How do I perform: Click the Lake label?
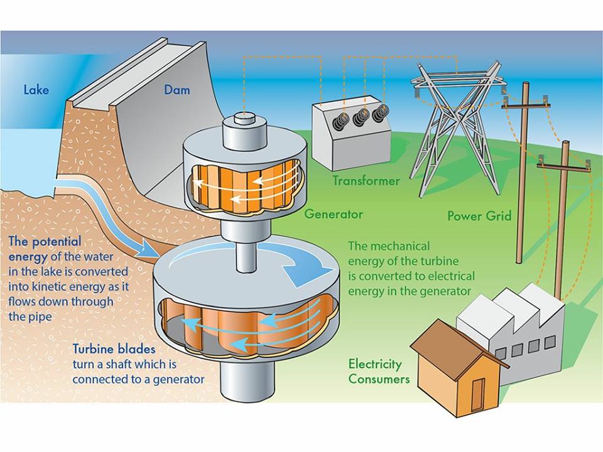coord(36,90)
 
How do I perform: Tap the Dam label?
coord(177,90)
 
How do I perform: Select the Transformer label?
coord(366,180)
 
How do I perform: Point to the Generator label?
coord(334,213)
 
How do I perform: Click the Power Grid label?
coord(479,215)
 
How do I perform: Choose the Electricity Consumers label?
coord(379,371)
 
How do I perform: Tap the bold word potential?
coord(57,241)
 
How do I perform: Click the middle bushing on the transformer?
coord(361,117)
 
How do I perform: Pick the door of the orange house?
coord(477,395)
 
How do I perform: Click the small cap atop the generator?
coord(244,117)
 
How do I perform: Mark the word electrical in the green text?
coord(452,276)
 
